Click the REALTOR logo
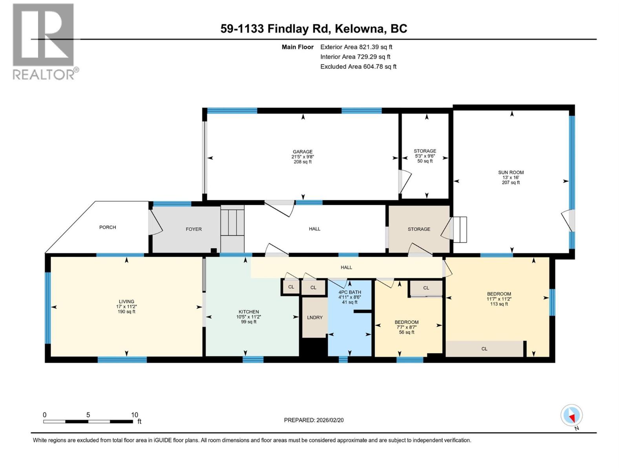pos(43,41)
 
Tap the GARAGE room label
pos(302,152)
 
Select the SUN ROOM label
pos(511,172)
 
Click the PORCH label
pos(108,227)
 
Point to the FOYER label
pos(194,229)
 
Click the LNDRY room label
pos(314,318)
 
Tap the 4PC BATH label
pos(349,292)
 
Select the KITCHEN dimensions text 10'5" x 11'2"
pos(248,317)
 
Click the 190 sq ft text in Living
pos(126,312)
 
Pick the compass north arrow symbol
pos(571,416)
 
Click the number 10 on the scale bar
pos(134,415)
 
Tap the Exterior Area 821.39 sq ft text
pos(356,47)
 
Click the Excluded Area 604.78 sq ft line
pos(358,67)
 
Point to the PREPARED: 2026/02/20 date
pos(314,420)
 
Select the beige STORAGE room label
pos(418,229)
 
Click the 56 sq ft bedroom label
pos(406,332)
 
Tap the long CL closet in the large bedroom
pos(484,349)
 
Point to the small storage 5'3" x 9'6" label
pos(425,156)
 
